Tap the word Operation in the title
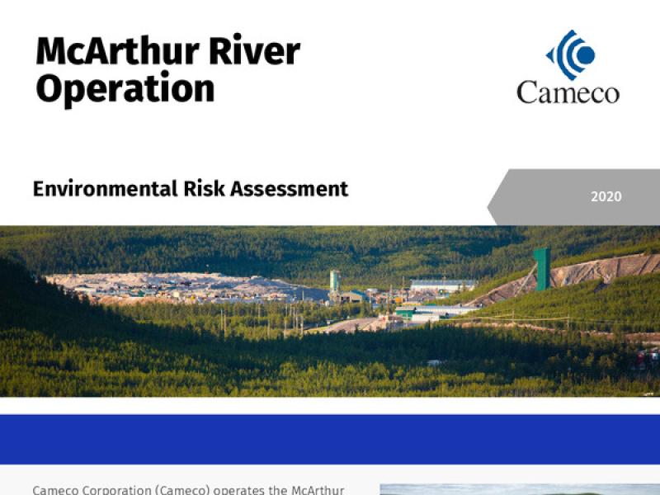(x=125, y=89)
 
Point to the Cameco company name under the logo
(x=568, y=91)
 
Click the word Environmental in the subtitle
(x=101, y=189)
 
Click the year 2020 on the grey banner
(x=606, y=197)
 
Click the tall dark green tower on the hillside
(x=541, y=269)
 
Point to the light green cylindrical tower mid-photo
(x=335, y=280)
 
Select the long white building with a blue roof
(x=443, y=285)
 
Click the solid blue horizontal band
(x=330, y=438)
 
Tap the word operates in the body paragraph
(x=234, y=489)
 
